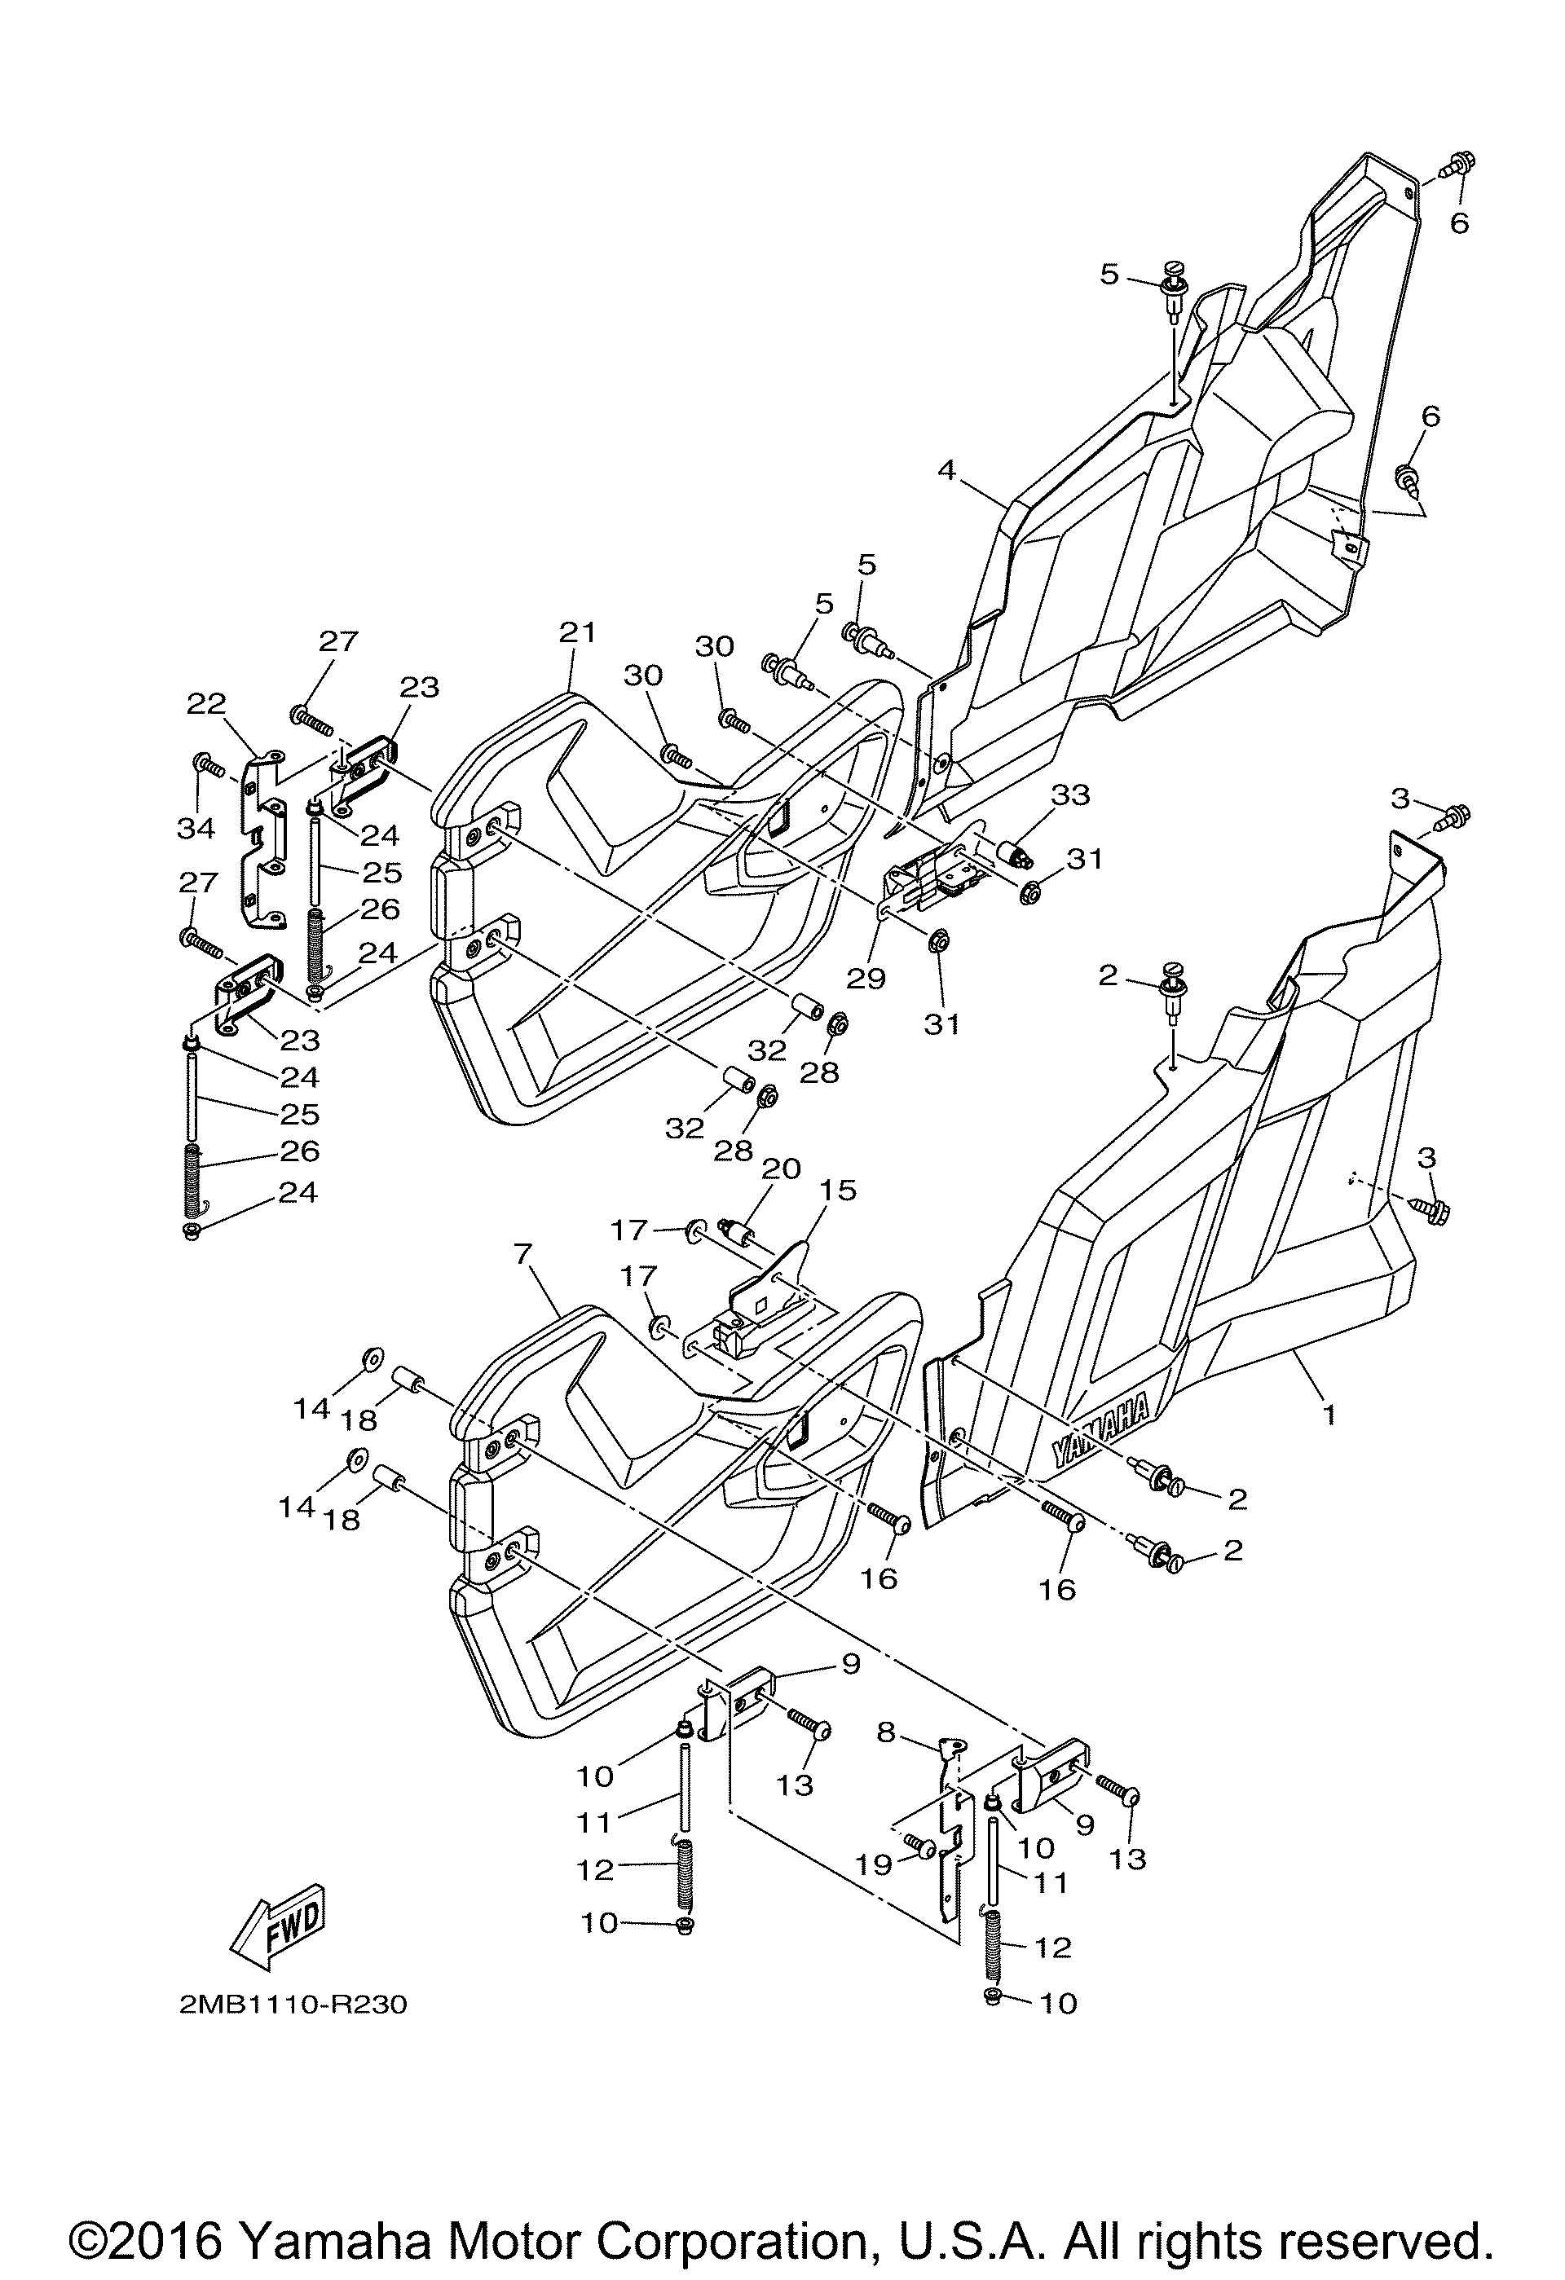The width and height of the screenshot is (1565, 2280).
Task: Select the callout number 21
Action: [x=578, y=633]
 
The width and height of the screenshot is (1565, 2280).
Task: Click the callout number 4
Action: [x=946, y=470]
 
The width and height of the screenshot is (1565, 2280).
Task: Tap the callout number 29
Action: [x=866, y=977]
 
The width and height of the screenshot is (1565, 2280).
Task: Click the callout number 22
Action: [x=206, y=702]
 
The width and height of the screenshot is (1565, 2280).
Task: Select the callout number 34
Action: [x=196, y=828]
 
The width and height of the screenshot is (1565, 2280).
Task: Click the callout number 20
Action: [x=781, y=1169]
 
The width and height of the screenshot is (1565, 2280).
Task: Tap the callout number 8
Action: [x=886, y=1732]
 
